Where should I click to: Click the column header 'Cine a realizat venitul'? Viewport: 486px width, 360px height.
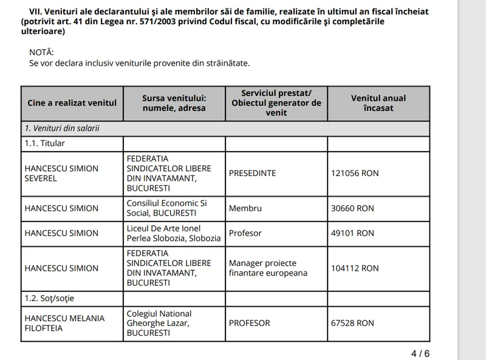coord(72,103)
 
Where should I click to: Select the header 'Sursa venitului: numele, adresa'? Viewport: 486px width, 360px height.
coord(174,103)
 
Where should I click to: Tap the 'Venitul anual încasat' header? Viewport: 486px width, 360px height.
coord(378,103)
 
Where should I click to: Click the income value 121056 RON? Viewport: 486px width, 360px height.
coord(355,174)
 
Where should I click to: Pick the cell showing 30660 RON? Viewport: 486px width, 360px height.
coord(352,208)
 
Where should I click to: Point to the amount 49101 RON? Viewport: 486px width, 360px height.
coord(352,233)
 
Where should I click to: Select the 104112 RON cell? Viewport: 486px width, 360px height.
coord(355,268)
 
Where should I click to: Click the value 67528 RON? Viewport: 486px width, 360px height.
coord(352,324)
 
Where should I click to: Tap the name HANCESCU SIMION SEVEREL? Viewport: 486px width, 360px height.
coord(61,174)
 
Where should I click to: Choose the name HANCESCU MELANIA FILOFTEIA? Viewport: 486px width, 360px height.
coord(64,324)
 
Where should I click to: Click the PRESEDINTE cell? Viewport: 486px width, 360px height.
coord(252,174)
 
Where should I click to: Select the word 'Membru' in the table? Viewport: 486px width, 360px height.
coord(245,208)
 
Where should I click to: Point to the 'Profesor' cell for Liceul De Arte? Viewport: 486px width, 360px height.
coord(245,233)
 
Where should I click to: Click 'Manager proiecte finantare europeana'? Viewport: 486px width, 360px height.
coord(268,268)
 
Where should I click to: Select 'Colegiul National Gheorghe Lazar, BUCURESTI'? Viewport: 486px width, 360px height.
coord(159,324)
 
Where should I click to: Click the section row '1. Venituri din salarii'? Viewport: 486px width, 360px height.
coord(62,129)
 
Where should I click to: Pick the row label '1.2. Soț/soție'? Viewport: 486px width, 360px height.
coord(49,299)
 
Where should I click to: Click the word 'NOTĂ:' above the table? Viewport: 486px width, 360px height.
coord(42,52)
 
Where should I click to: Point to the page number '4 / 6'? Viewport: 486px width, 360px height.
coord(420,353)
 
